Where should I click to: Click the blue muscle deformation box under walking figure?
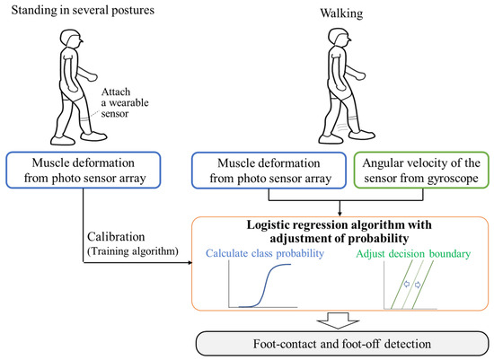pos(260,166)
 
